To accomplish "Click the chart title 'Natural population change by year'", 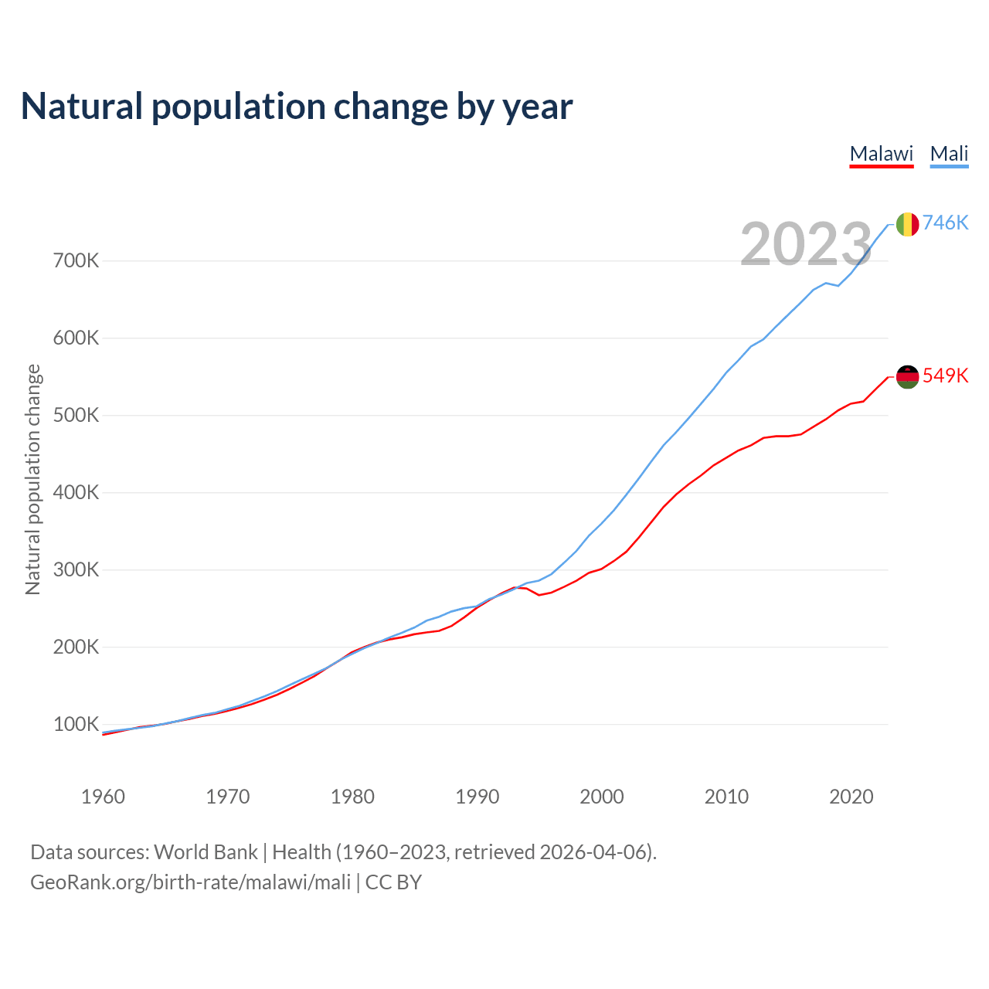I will click(296, 107).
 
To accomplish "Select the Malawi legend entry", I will click(881, 154).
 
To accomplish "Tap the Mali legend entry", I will click(949, 154).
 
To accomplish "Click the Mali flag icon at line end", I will click(907, 224).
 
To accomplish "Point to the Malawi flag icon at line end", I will click(907, 377).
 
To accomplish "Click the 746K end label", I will click(945, 223).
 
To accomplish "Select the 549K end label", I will click(945, 376).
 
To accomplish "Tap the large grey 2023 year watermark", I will click(806, 244).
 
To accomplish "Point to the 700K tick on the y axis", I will click(76, 260).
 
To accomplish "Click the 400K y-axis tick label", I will click(76, 492).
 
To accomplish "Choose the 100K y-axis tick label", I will click(76, 724).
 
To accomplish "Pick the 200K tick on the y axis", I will click(76, 647).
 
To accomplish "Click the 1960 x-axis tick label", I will click(103, 797).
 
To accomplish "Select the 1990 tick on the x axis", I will click(477, 797).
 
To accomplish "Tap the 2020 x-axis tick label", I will click(851, 797).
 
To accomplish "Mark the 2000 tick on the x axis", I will click(602, 797).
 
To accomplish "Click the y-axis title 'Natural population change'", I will click(33, 479).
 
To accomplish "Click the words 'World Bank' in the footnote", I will click(206, 852).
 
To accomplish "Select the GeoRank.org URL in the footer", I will click(190, 882).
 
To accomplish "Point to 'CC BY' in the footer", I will click(393, 882).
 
